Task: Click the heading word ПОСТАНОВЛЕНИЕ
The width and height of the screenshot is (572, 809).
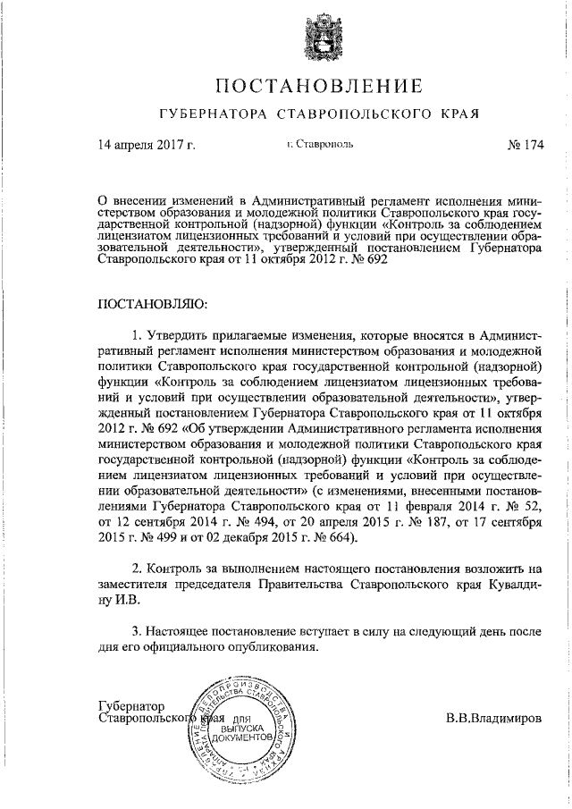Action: click(x=319, y=87)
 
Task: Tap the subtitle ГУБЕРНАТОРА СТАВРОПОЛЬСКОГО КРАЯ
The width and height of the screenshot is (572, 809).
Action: click(x=319, y=114)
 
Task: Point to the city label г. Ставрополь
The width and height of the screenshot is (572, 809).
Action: click(x=320, y=143)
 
